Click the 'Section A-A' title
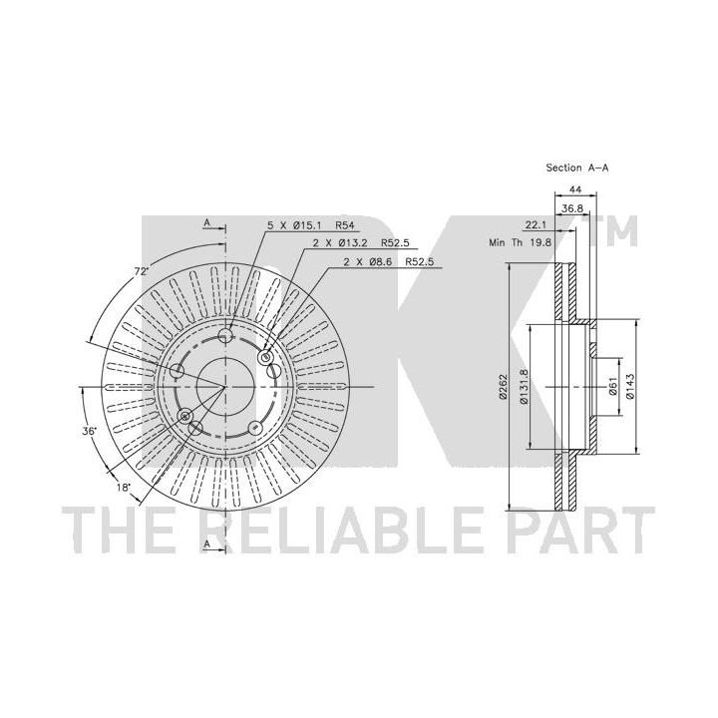(577, 169)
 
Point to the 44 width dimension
(575, 188)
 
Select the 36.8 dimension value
(572, 208)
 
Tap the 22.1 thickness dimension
(536, 224)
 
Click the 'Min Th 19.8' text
(521, 242)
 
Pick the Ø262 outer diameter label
(504, 387)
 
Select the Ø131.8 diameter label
(525, 387)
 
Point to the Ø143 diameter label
(630, 387)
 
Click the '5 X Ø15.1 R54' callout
(311, 225)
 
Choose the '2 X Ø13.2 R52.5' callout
(361, 243)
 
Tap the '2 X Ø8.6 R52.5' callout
(388, 262)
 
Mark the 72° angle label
(142, 271)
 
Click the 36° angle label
(90, 431)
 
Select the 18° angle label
(123, 488)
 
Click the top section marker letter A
(207, 222)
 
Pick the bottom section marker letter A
(207, 544)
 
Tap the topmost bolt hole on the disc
(225, 336)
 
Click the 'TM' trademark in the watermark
(613, 230)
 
